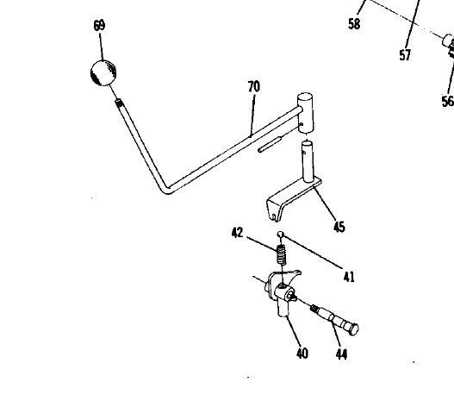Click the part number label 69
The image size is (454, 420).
point(99,26)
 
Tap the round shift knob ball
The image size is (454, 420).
point(103,72)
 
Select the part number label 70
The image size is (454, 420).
point(254,86)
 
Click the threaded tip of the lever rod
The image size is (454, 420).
point(119,103)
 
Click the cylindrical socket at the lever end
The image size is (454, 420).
point(305,113)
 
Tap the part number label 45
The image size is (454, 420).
point(339,227)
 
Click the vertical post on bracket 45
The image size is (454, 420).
point(308,161)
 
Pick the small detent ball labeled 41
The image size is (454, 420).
point(280,235)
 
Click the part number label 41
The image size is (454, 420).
point(349,277)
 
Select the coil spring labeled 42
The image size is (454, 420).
point(281,254)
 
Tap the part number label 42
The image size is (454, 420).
point(238,233)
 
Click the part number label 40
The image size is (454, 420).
point(302,354)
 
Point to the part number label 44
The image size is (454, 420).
point(341,354)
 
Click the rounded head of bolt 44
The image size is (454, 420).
point(353,329)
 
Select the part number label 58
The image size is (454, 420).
point(354,24)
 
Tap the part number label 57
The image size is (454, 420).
point(405,55)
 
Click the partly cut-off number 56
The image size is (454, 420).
point(448,101)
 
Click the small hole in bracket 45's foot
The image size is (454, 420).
point(274,216)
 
